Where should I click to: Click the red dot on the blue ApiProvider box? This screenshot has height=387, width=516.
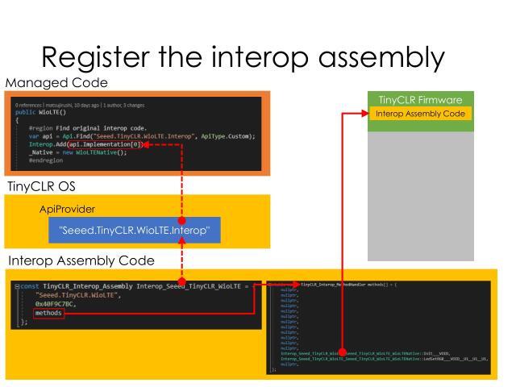[182, 220]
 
